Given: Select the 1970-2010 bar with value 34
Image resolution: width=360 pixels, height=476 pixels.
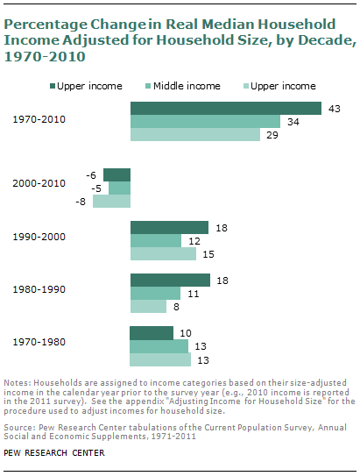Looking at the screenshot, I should [205, 122].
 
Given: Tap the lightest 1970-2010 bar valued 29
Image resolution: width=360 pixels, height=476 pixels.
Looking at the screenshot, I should [195, 135].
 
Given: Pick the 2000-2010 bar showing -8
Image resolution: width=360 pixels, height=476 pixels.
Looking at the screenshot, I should [111, 201].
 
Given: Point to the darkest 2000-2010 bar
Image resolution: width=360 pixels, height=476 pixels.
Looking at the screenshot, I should [116, 174].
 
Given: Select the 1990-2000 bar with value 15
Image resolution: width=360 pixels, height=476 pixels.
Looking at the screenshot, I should [163, 254].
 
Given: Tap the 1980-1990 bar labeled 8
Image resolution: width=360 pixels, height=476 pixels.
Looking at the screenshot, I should [148, 307].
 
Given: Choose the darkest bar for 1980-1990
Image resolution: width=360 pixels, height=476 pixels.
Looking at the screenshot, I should [170, 281].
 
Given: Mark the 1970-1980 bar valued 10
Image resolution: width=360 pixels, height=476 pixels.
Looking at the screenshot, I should [152, 333].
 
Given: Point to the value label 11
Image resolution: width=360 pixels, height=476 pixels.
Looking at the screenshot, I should [191, 294].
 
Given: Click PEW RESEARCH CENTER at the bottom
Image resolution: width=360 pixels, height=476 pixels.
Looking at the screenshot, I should [54, 453].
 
